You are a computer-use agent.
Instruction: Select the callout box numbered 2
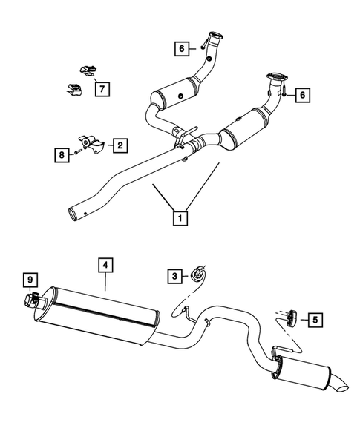click(x=119, y=145)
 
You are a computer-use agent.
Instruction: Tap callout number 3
click(x=175, y=276)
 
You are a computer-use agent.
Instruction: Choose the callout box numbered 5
click(x=316, y=320)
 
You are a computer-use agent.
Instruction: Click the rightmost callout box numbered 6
click(x=301, y=95)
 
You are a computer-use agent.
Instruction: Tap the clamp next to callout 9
click(x=33, y=300)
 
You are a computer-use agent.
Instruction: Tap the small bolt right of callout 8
click(x=76, y=154)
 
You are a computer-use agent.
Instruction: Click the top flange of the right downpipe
click(x=272, y=75)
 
